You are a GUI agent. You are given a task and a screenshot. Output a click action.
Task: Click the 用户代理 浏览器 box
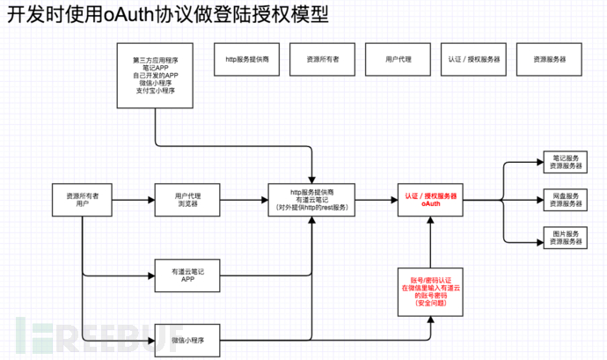pos(186,200)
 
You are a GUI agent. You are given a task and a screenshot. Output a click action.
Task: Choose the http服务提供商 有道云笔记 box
pos(311,200)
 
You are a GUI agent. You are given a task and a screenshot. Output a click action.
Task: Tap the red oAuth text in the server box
pos(430,204)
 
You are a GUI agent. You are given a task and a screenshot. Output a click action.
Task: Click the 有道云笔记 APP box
pos(186,273)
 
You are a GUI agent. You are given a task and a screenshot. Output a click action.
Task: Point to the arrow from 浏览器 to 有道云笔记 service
pos(244,200)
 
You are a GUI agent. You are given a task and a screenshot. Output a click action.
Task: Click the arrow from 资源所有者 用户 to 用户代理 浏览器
pos(133,200)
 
